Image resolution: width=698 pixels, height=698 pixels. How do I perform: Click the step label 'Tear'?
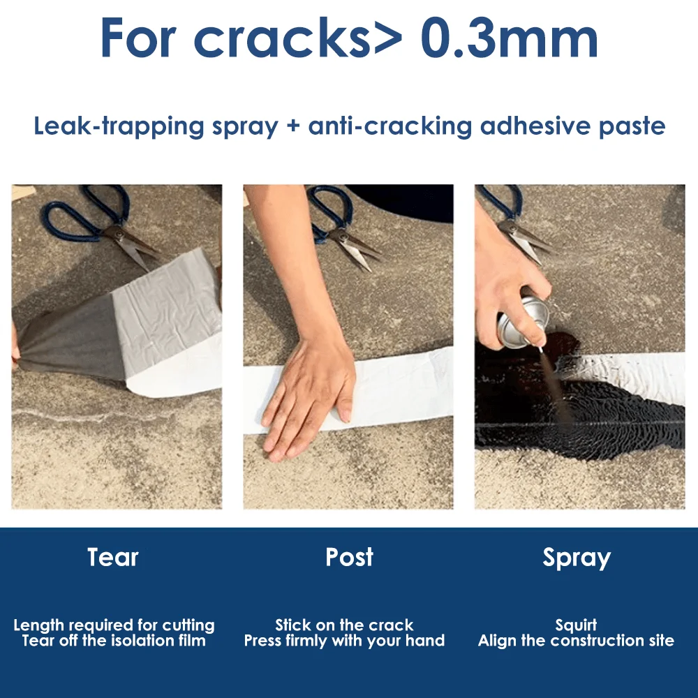coord(113,557)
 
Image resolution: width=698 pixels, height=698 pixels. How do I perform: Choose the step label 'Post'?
coord(349,557)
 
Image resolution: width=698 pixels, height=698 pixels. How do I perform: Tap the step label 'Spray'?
coord(577,558)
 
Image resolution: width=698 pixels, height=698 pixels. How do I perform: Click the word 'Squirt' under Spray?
coord(576,625)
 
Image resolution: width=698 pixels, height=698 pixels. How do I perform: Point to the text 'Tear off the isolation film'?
coord(114,641)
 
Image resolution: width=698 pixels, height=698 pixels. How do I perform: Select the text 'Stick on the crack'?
coord(344,625)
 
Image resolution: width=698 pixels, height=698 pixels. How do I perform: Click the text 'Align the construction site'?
coord(576,641)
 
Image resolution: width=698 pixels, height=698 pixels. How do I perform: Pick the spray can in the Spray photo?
coord(517,321)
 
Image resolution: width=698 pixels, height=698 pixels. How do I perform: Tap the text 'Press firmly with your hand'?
coord(344,641)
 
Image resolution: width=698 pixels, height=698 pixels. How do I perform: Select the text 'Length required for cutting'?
coord(114,625)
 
